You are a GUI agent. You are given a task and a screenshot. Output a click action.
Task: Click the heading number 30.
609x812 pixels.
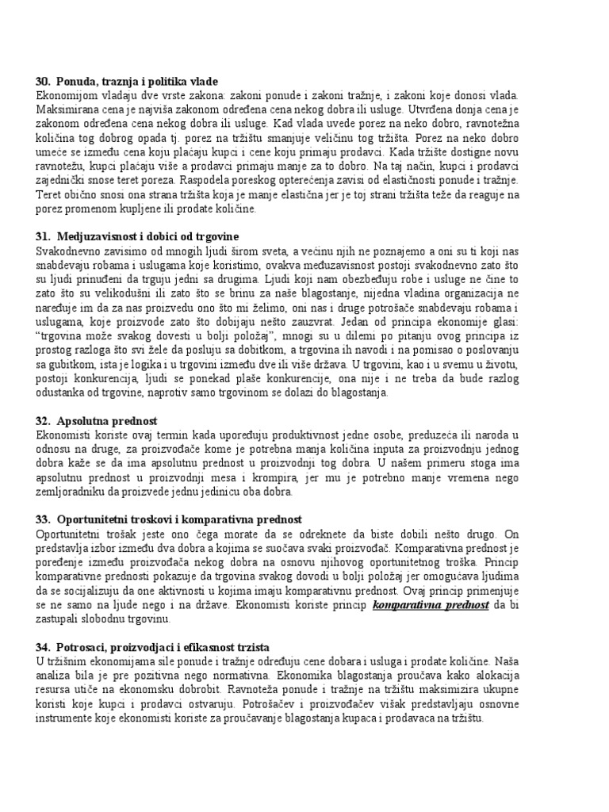pyautogui.click(x=43, y=82)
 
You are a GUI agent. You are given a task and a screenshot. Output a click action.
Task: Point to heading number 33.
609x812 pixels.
pyautogui.click(x=43, y=519)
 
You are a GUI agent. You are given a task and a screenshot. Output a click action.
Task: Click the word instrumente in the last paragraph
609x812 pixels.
pyautogui.click(x=67, y=718)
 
